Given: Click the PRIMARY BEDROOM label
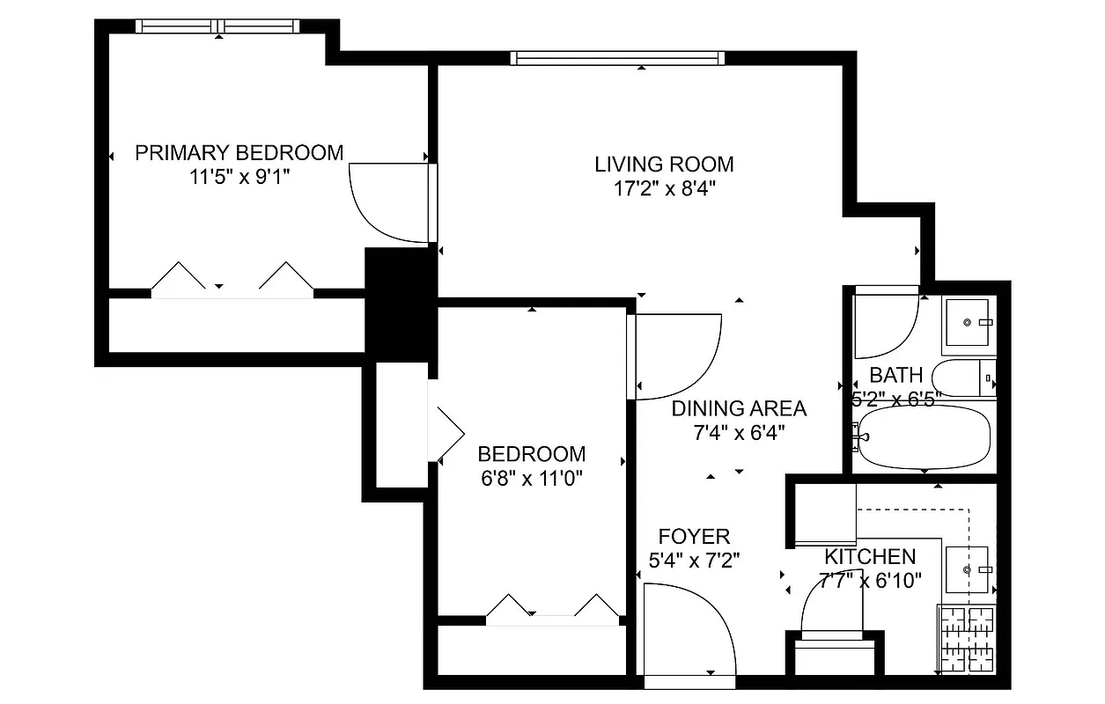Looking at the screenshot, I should click(239, 153).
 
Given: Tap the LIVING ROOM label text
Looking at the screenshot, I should click(664, 165).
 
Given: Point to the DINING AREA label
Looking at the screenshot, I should click(739, 408).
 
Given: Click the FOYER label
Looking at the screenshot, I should click(694, 537).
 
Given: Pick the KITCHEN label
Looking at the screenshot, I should click(869, 557).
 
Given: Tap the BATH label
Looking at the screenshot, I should click(895, 376).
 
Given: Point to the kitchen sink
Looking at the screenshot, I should click(967, 570).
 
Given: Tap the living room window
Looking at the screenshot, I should click(617, 58).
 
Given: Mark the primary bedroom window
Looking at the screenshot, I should click(219, 26).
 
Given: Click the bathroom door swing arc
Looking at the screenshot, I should click(885, 321).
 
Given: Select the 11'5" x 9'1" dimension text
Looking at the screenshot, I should click(239, 176).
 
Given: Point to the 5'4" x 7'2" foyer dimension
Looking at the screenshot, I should click(694, 560).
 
